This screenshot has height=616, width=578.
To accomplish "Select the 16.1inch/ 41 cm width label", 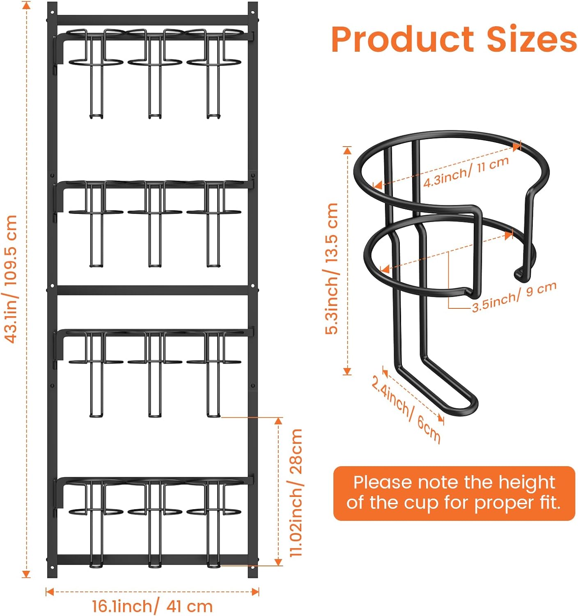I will [152, 606].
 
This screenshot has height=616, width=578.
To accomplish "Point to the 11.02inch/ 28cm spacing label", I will [296, 492].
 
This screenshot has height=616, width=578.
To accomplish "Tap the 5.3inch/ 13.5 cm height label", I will [332, 269].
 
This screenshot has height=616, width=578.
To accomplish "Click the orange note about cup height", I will [454, 493].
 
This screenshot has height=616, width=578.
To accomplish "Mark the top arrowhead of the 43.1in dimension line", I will [27, 5].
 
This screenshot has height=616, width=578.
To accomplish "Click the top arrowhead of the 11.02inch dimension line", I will [279, 421].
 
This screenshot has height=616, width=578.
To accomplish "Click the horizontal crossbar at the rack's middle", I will [152, 290].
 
